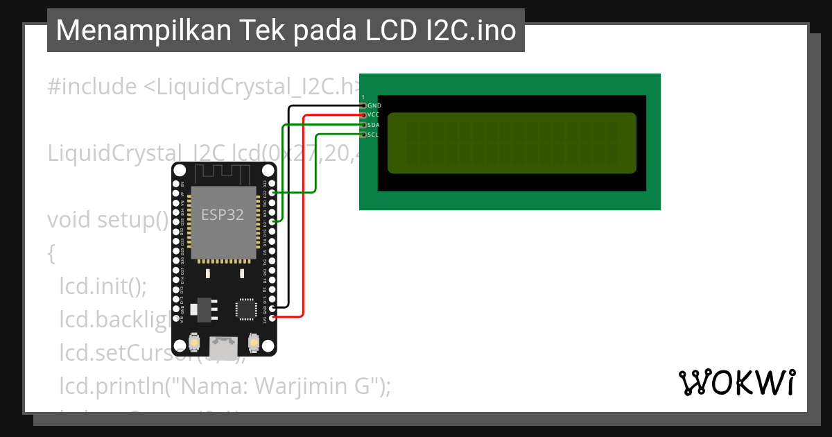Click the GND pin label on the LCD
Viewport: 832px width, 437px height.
[374, 105]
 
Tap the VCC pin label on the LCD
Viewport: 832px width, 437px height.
[374, 114]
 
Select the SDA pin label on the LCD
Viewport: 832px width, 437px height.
[374, 125]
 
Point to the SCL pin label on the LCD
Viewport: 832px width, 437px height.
[373, 135]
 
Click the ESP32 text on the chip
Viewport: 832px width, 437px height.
[223, 215]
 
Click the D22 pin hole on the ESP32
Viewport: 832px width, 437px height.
[273, 193]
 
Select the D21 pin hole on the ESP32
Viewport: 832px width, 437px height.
[273, 221]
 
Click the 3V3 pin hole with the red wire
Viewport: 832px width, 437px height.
[273, 317]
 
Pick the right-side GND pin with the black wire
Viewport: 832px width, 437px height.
[273, 307]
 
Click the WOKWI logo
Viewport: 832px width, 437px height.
[737, 382]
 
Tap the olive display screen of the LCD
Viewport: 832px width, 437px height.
[512, 143]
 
